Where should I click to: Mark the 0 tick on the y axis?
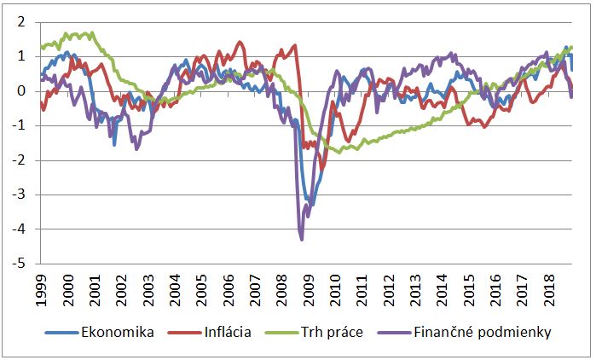22,91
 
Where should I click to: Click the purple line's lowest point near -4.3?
302,240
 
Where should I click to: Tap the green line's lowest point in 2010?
343,151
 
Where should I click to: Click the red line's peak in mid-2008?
295,45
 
